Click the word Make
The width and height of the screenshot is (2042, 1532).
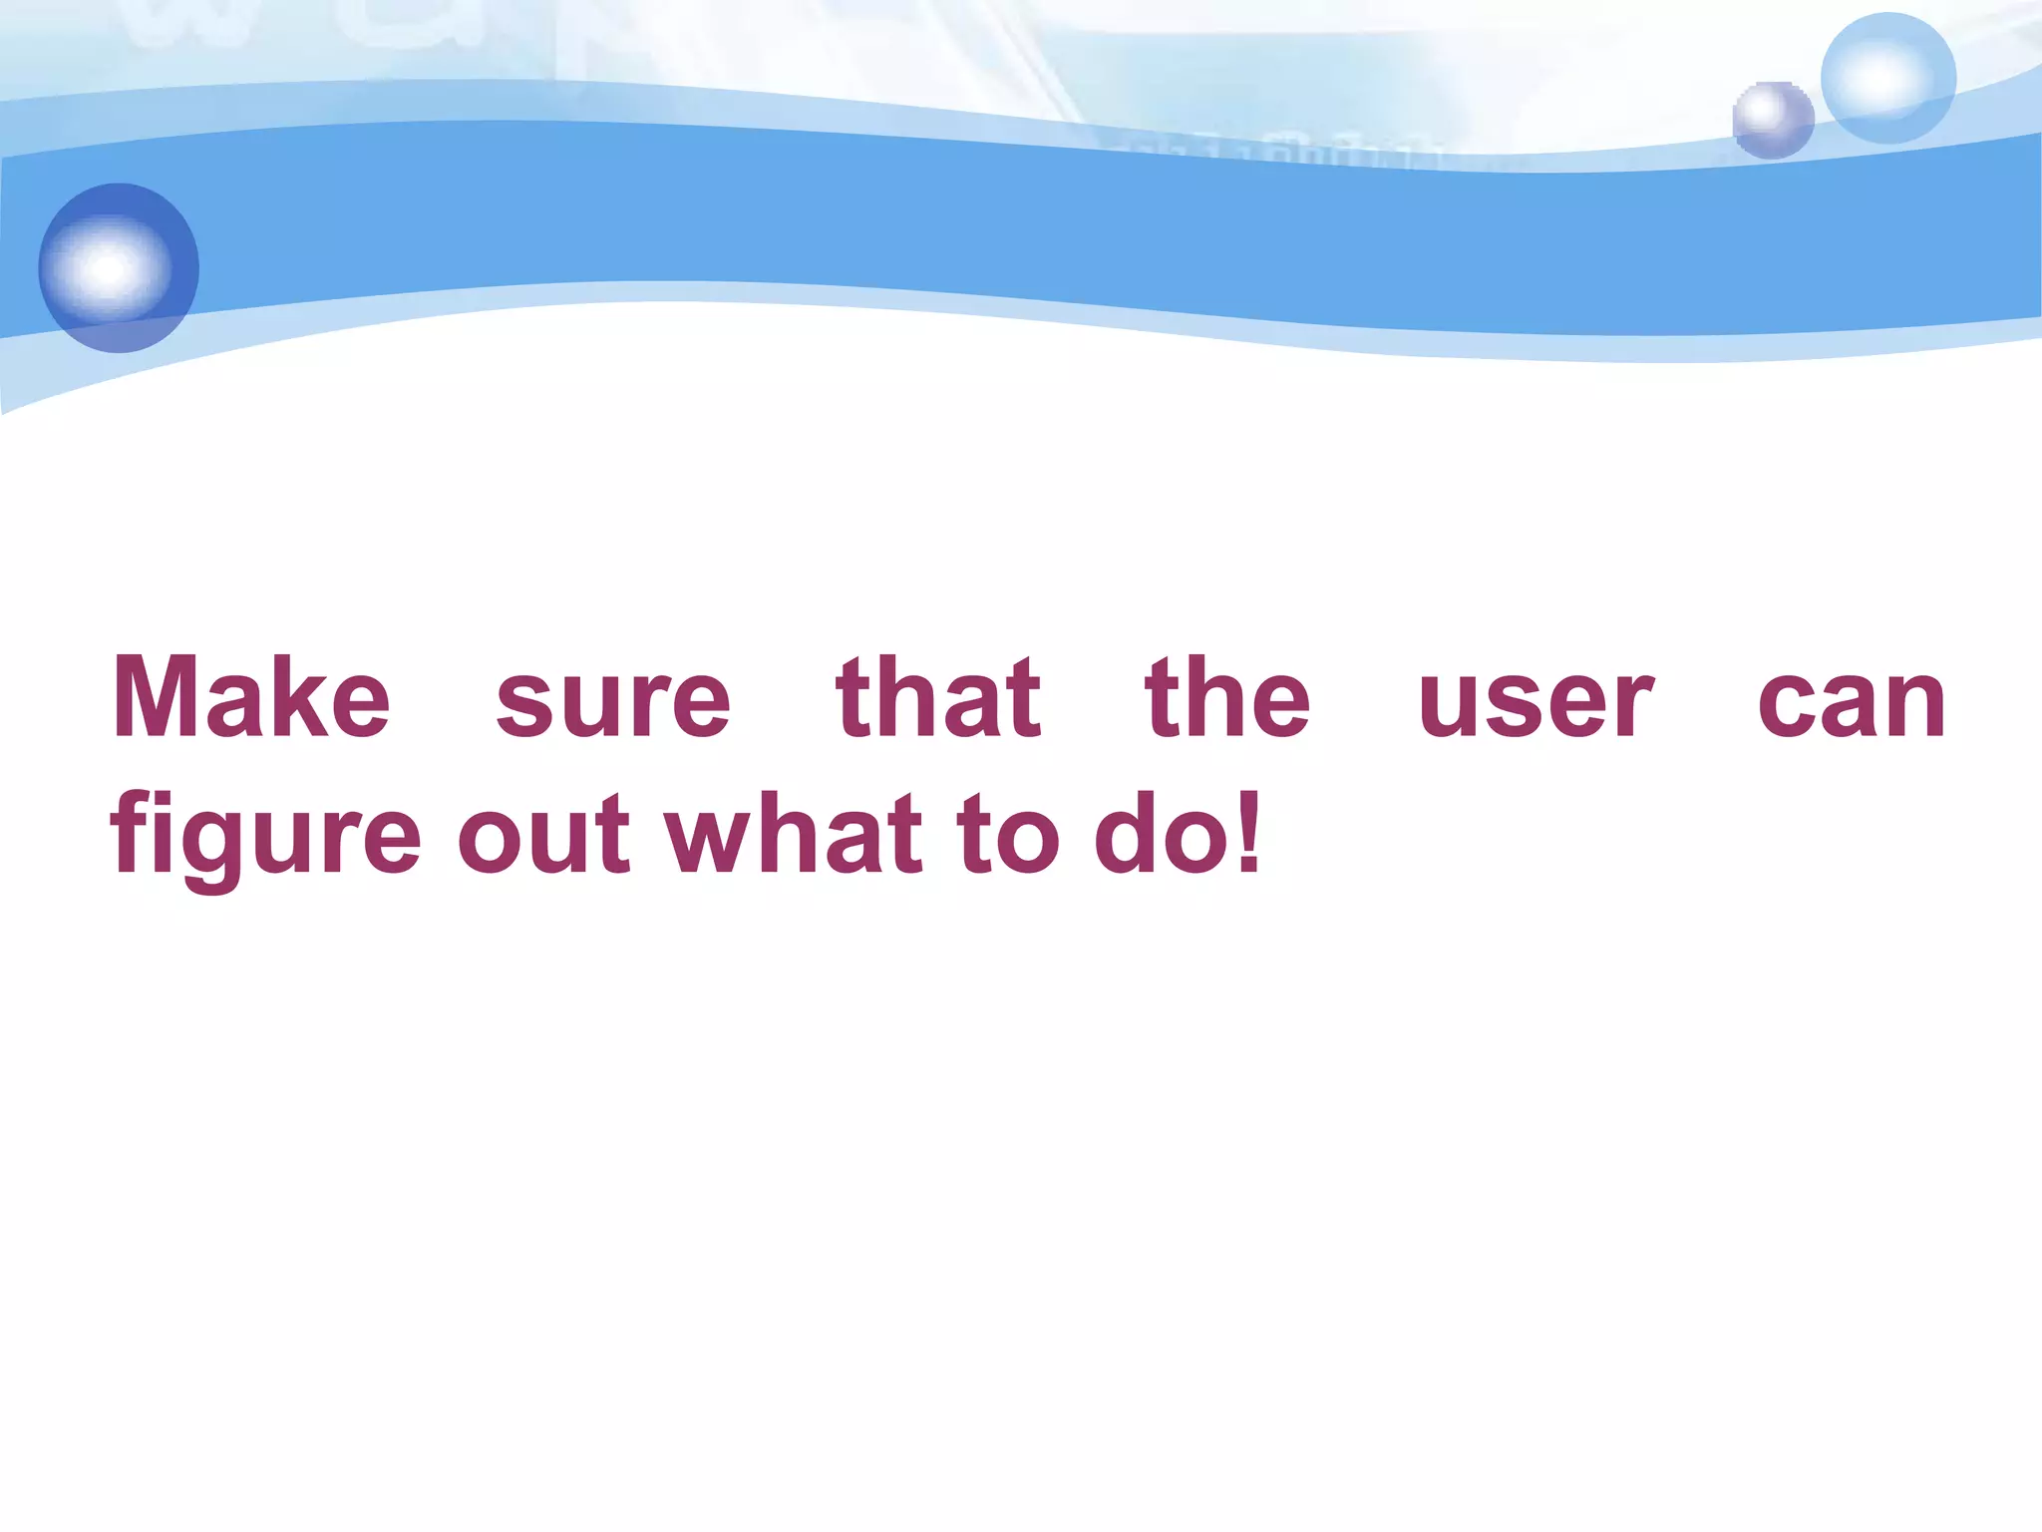(x=251, y=698)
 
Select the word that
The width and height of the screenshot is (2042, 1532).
(x=938, y=698)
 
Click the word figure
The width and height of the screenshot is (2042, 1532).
(x=265, y=836)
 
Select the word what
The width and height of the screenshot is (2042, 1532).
(x=794, y=833)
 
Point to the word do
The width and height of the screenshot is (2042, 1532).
(x=1161, y=833)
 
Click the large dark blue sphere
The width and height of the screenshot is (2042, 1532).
(x=119, y=267)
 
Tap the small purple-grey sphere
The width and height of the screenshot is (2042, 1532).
(x=1773, y=121)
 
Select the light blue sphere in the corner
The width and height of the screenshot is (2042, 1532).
(x=1887, y=78)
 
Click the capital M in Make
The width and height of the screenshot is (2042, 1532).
(x=160, y=698)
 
